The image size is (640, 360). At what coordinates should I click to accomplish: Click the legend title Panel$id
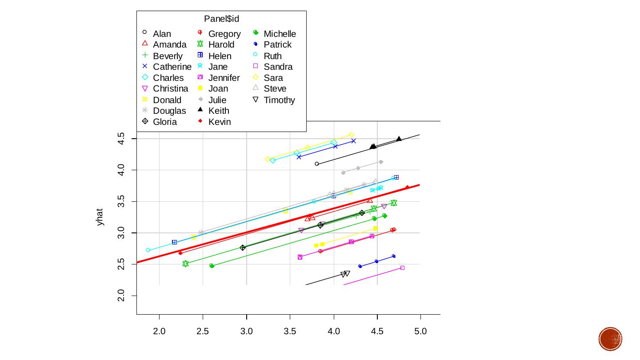[x=221, y=19]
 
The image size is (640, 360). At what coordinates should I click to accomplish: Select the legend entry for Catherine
[x=172, y=67]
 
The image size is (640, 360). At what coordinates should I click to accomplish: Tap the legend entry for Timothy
[x=279, y=100]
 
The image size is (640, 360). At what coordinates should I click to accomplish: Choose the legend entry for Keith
[x=218, y=111]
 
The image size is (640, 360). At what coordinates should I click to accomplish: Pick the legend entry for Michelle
[x=279, y=34]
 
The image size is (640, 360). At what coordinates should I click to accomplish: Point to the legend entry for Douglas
[x=169, y=111]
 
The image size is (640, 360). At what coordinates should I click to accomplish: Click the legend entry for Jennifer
[x=224, y=78]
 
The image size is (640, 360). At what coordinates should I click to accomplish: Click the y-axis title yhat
[x=100, y=217]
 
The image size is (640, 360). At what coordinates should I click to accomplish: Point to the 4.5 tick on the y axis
[x=120, y=139]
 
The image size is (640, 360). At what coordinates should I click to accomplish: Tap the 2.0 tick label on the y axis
[x=120, y=296]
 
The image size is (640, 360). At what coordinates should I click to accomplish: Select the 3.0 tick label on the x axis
[x=246, y=331]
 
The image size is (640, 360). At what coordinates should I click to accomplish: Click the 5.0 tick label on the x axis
[x=420, y=331]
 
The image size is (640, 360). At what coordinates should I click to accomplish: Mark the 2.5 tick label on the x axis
[x=203, y=331]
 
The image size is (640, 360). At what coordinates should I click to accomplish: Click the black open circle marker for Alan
[x=317, y=164]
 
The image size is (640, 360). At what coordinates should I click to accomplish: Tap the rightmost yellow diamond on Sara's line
[x=351, y=135]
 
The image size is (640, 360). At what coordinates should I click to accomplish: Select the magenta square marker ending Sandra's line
[x=402, y=268]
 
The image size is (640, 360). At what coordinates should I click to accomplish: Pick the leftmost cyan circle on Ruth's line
[x=148, y=250]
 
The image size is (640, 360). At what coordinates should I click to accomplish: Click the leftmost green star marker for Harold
[x=186, y=264]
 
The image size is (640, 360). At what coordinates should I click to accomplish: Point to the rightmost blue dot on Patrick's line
[x=394, y=256]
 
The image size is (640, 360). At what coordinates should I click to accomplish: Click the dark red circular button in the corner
[x=610, y=339]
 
